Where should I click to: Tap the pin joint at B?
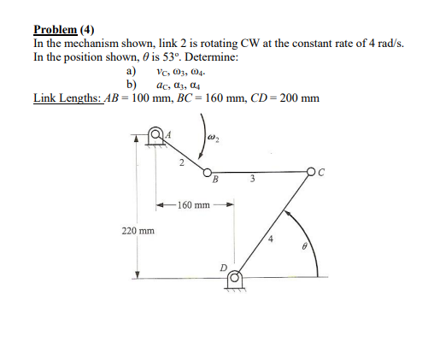click(x=207, y=171)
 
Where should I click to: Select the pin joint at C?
click(x=318, y=171)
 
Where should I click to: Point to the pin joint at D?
click(x=233, y=278)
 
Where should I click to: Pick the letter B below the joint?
click(x=215, y=180)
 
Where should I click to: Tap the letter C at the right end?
click(x=329, y=172)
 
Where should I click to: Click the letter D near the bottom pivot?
click(x=223, y=268)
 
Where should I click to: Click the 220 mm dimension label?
click(x=137, y=231)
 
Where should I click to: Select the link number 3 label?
click(x=253, y=179)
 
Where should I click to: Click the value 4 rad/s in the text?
click(x=384, y=42)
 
